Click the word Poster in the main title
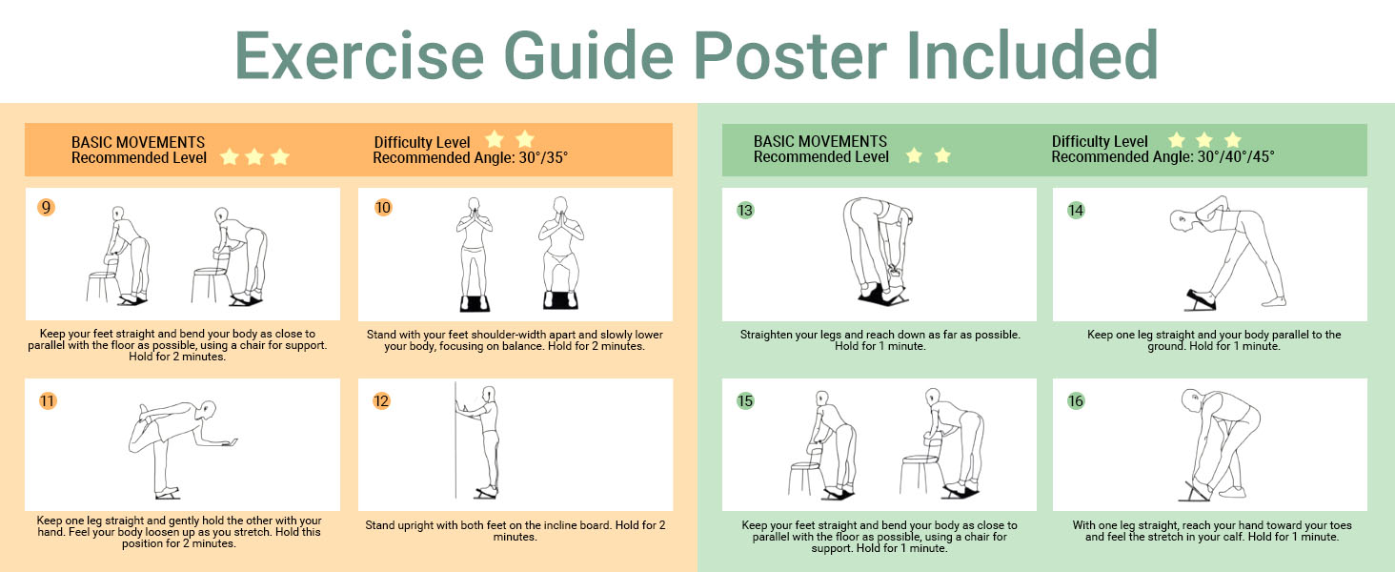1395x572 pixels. click(790, 55)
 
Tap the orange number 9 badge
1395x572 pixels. click(46, 208)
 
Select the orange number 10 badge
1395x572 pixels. click(383, 208)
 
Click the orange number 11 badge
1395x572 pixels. click(48, 400)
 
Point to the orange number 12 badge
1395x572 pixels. click(381, 400)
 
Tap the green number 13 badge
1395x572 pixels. click(745, 210)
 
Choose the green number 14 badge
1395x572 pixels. click(1076, 210)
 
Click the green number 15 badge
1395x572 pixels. click(745, 400)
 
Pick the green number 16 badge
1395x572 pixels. click(1076, 400)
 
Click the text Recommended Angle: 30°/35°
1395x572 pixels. click(470, 158)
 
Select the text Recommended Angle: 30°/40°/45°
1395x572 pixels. click(1162, 157)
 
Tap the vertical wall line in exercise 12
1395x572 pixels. click(455, 440)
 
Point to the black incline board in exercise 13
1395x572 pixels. click(883, 296)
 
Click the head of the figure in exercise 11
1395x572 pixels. click(205, 411)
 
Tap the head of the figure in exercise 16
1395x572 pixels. click(1191, 399)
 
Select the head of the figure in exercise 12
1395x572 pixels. click(489, 395)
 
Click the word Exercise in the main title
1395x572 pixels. click(359, 55)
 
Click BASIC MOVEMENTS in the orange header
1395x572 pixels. click(137, 143)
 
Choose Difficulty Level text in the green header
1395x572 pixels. click(1100, 142)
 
